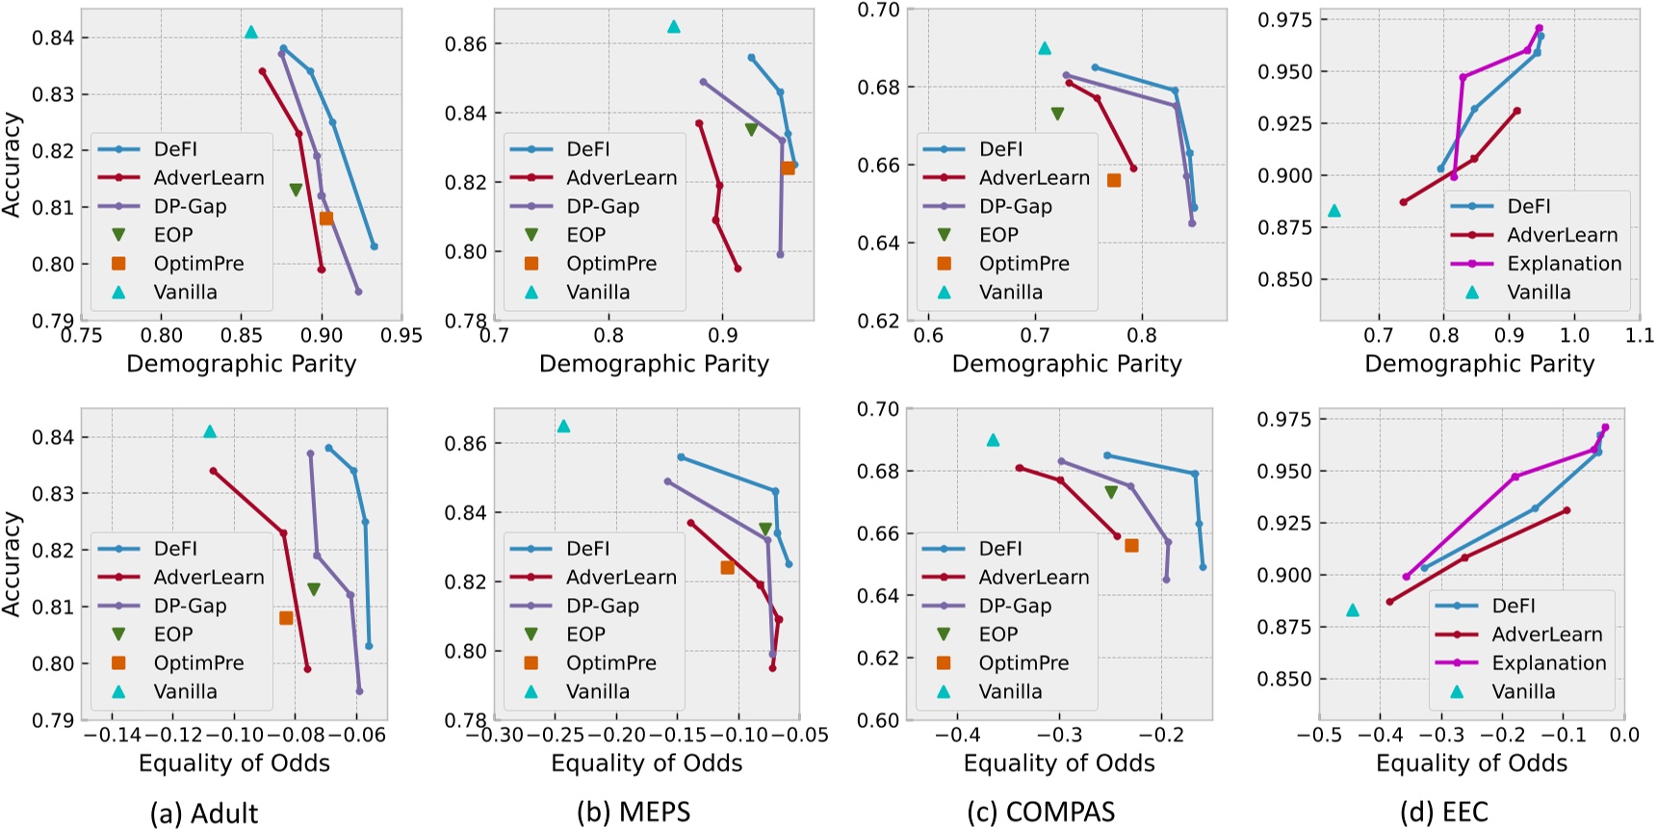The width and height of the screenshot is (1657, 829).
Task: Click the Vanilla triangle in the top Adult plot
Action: pos(251,32)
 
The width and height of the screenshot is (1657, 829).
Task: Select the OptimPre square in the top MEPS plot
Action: pos(788,168)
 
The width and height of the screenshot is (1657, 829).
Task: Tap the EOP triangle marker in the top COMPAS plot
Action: pos(1057,114)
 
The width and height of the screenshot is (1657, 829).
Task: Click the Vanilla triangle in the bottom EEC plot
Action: pos(1353,609)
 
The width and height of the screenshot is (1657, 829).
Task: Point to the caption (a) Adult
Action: pos(204,814)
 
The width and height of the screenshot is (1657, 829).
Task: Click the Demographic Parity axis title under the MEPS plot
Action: pos(654,364)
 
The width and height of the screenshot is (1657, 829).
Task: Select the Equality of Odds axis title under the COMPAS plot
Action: pos(1059,764)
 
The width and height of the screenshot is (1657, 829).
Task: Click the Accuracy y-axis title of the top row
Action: pos(13,164)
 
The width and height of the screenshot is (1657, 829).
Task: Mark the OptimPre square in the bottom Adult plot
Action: pos(286,617)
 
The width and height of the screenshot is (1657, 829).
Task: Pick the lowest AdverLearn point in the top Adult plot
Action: pos(322,269)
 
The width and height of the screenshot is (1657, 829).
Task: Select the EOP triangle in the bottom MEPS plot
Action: pos(765,529)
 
